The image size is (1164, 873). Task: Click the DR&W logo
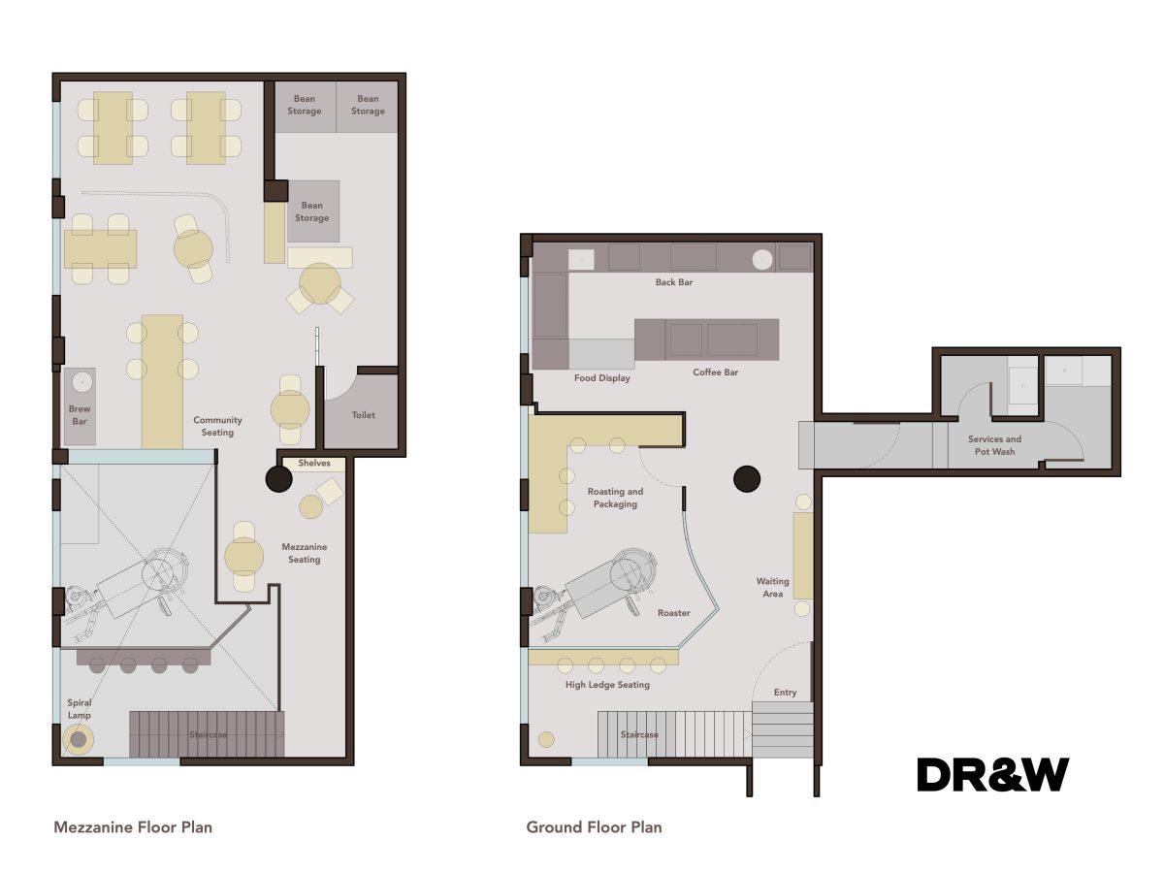[x=993, y=774]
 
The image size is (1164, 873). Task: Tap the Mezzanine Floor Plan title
[x=132, y=827]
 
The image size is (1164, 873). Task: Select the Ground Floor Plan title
[x=594, y=827]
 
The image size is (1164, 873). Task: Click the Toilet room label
[x=363, y=415]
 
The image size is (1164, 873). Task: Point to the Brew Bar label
[x=80, y=415]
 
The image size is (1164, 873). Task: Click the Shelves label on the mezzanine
[x=314, y=464]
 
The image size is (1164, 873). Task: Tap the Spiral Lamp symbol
[x=77, y=740]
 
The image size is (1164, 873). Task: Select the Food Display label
[x=601, y=378]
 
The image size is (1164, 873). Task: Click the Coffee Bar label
[x=716, y=372]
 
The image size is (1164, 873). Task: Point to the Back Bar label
[x=673, y=282]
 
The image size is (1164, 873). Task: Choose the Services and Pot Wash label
[x=994, y=445]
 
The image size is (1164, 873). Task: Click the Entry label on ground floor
[x=786, y=693]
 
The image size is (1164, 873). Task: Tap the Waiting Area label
[x=773, y=588]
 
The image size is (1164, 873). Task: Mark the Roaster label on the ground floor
[x=673, y=613]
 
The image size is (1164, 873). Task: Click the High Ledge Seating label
[x=607, y=685]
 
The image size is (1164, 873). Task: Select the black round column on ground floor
[x=746, y=477]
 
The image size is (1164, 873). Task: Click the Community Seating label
[x=217, y=426]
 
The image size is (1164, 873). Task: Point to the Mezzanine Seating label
[x=304, y=553]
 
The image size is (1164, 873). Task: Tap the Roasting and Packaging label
[x=615, y=498]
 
